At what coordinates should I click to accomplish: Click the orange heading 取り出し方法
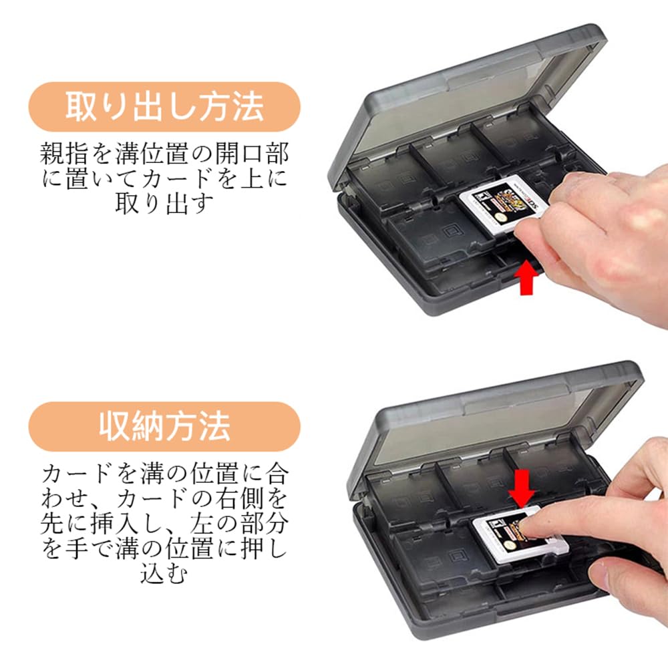tap(164, 108)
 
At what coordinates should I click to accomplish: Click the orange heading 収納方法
tap(164, 426)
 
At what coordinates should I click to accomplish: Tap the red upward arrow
tap(528, 279)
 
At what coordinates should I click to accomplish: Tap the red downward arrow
tap(521, 486)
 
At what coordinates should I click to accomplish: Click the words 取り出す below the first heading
tap(164, 203)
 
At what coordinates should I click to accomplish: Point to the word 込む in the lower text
tap(164, 573)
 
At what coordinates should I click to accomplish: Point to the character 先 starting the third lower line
tap(53, 524)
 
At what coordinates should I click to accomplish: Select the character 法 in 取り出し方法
tap(248, 108)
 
